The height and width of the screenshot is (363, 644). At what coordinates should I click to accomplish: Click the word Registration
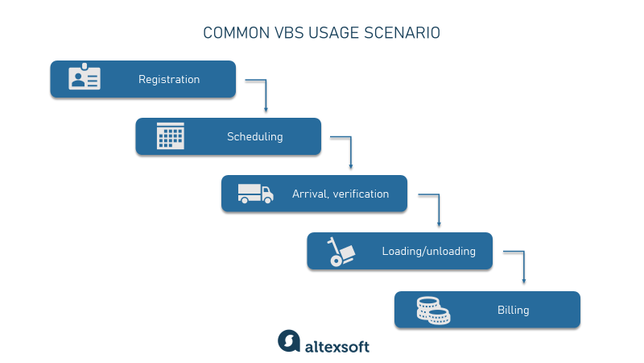click(169, 79)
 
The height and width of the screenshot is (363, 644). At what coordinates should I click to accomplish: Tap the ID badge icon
click(85, 77)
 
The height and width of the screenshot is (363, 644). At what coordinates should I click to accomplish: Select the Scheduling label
click(254, 136)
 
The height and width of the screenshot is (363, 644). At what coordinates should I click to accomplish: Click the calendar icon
click(171, 136)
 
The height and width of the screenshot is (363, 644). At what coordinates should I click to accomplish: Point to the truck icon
click(255, 194)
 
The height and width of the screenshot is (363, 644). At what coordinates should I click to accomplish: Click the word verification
click(361, 194)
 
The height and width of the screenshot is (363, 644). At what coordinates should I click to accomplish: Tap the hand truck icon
click(341, 252)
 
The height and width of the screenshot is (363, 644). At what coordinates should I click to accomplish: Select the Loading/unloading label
click(428, 251)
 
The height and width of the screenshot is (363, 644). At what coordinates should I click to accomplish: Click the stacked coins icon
click(433, 311)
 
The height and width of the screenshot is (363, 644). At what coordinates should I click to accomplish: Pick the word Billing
click(513, 310)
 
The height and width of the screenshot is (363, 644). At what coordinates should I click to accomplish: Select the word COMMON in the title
click(236, 33)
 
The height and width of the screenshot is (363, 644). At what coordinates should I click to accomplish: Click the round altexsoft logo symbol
click(289, 340)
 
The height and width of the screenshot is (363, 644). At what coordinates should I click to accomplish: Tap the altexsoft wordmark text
click(336, 347)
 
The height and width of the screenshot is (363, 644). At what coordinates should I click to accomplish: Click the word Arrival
click(311, 194)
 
